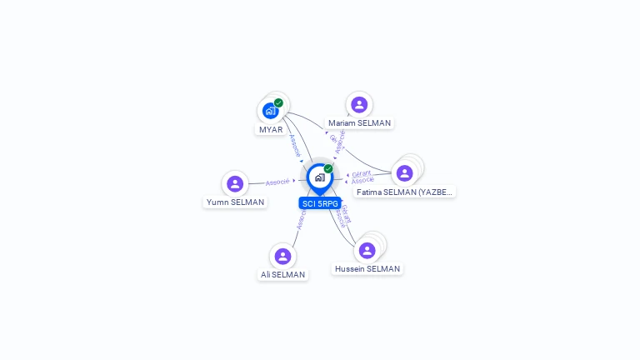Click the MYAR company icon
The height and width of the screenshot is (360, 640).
point(270,110)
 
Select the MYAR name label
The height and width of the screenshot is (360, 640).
point(271,130)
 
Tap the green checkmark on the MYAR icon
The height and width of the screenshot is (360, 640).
point(278,102)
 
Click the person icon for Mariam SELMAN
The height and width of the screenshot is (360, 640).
point(359,104)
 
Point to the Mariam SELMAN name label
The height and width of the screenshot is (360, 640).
point(359,123)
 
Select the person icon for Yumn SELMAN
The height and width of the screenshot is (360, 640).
point(235,183)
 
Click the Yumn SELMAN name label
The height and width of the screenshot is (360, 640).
point(236,202)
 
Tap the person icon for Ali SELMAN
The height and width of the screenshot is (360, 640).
point(282,256)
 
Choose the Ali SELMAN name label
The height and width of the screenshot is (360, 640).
point(282,275)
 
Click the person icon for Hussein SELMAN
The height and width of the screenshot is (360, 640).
point(367,250)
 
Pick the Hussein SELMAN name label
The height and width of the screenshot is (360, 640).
point(367,269)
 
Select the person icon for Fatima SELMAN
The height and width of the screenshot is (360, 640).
point(404,172)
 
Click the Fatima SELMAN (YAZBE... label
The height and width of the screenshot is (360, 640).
point(405,192)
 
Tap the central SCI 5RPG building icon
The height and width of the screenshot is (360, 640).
point(319,177)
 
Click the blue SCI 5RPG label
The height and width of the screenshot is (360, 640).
point(320,203)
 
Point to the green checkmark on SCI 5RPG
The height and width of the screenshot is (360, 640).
point(328,168)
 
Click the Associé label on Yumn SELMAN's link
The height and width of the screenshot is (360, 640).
point(277,182)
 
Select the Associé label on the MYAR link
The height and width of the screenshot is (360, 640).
point(293,145)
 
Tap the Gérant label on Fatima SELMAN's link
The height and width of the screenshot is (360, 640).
point(361,173)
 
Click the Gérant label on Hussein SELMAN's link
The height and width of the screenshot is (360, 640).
point(346,212)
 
